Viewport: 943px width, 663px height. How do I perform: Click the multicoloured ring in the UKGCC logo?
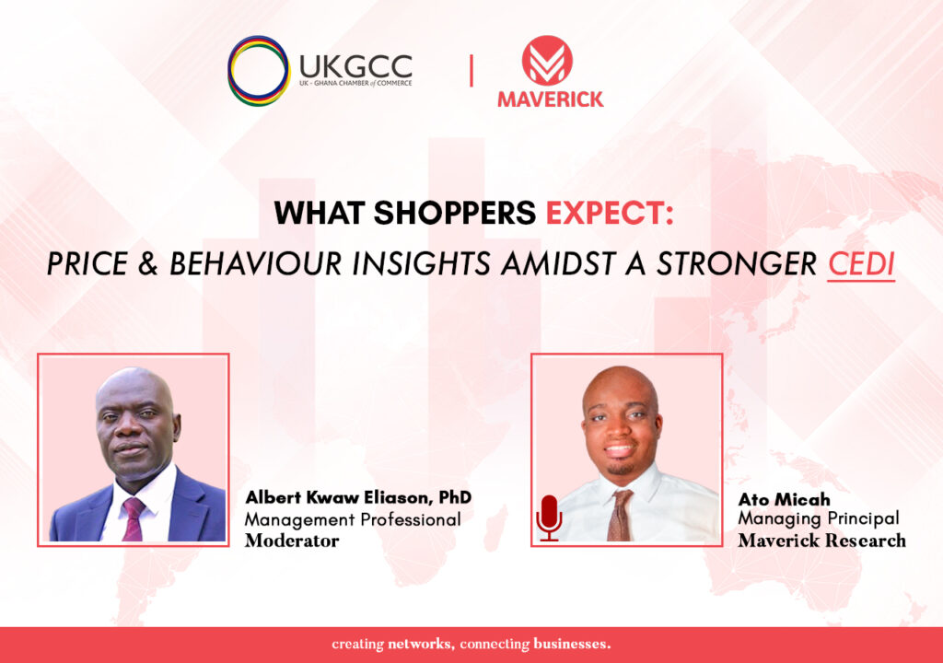click(231, 70)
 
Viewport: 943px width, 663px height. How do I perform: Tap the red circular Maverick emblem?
click(547, 60)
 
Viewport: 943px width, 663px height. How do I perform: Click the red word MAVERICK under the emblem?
click(551, 99)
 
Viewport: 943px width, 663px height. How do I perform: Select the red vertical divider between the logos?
click(471, 70)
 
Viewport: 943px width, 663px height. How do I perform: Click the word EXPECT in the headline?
click(609, 213)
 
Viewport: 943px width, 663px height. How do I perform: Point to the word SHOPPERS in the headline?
click(455, 213)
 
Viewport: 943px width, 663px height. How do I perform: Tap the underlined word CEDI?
click(861, 264)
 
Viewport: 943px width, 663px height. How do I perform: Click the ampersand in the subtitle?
click(148, 264)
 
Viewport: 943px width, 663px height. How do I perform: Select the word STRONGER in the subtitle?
click(737, 264)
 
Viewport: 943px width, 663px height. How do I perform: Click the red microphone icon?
click(549, 518)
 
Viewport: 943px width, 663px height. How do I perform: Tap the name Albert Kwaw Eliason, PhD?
click(358, 497)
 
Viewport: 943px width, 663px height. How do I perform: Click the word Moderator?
click(292, 541)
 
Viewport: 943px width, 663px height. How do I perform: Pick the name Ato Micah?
click(785, 499)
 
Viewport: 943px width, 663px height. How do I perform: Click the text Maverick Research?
click(822, 541)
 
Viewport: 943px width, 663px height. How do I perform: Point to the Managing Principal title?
click(819, 518)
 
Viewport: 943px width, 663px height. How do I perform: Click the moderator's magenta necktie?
click(133, 518)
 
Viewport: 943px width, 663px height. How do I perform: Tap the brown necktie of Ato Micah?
click(619, 516)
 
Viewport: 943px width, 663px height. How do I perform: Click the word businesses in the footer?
click(572, 645)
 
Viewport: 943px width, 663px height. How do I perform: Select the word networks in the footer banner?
click(420, 645)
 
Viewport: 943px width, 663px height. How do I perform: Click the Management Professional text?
click(353, 520)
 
